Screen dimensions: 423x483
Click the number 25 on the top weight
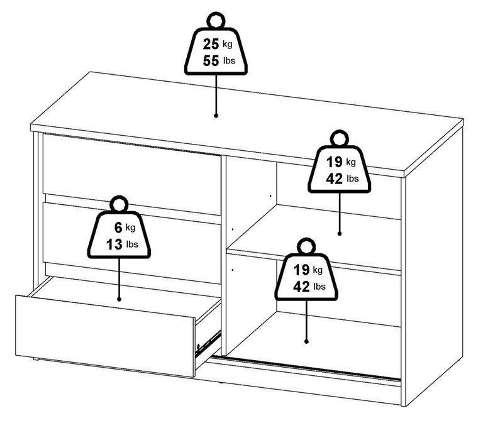[211, 45]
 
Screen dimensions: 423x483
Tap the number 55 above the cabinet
[211, 62]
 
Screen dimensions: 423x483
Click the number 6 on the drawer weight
[118, 228]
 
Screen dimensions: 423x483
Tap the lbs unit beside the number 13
[132, 244]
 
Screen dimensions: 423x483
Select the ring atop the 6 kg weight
[118, 203]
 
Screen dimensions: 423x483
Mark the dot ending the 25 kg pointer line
[216, 116]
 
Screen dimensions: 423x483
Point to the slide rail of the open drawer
[208, 343]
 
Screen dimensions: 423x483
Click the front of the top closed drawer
[129, 166]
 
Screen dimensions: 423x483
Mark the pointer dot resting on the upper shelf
[340, 233]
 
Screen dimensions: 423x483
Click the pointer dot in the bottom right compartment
[306, 341]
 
